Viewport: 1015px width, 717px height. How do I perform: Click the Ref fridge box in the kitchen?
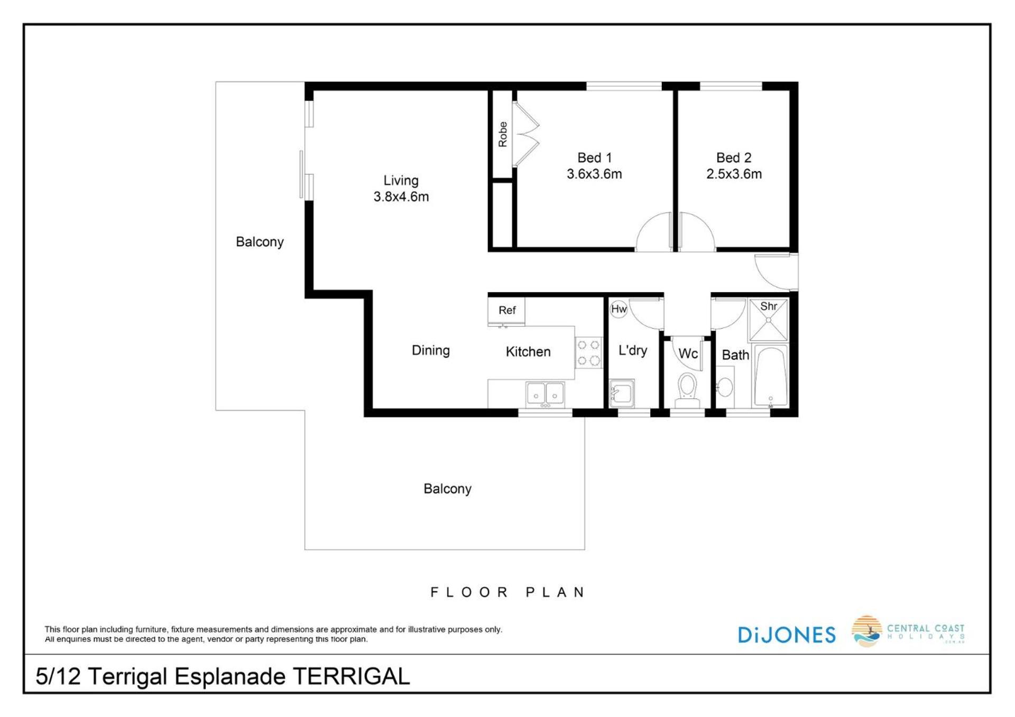pyautogui.click(x=506, y=311)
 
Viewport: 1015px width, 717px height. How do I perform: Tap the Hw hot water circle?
pyautogui.click(x=619, y=309)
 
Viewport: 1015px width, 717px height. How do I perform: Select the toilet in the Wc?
pyautogui.click(x=687, y=389)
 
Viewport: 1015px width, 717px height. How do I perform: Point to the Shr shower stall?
pyautogui.click(x=768, y=320)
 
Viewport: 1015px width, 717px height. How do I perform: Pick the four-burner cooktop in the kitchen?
pyautogui.click(x=588, y=353)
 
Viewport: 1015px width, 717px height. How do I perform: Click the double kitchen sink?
pyautogui.click(x=545, y=395)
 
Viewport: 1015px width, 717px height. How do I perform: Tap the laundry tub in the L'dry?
pyautogui.click(x=622, y=393)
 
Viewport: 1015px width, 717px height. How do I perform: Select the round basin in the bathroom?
pyautogui.click(x=725, y=387)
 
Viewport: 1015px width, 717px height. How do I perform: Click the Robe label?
pyautogui.click(x=503, y=134)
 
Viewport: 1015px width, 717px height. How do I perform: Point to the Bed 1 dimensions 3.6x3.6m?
pyautogui.click(x=594, y=174)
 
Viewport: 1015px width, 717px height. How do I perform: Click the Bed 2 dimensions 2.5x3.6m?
pyautogui.click(x=734, y=174)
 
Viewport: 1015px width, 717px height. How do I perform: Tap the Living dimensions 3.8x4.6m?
pyautogui.click(x=401, y=197)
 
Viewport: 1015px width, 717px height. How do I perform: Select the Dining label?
pyautogui.click(x=431, y=350)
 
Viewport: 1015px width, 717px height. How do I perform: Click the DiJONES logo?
pyautogui.click(x=787, y=635)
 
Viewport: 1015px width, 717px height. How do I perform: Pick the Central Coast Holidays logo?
pyautogui.click(x=908, y=631)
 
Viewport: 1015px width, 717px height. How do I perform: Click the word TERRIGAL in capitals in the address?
pyautogui.click(x=351, y=676)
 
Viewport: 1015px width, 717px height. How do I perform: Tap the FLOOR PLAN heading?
pyautogui.click(x=508, y=592)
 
